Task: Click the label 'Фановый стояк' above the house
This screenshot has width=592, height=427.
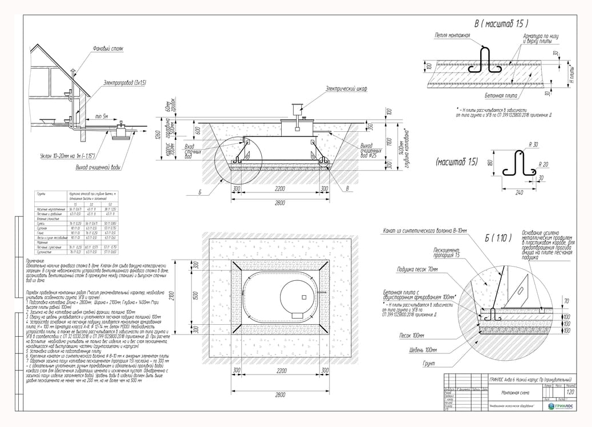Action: [108, 49]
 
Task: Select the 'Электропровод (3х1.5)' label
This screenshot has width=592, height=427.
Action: [124, 83]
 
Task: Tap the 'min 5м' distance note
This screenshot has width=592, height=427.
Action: [103, 116]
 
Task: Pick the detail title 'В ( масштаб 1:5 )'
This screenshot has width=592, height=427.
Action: [501, 24]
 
